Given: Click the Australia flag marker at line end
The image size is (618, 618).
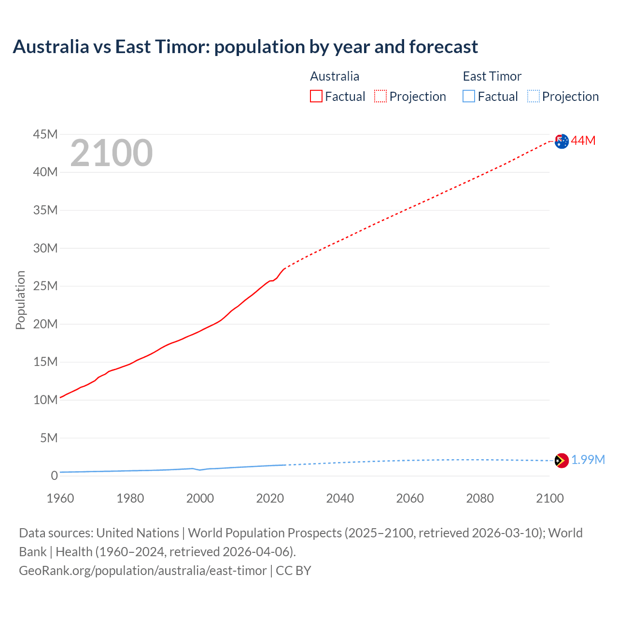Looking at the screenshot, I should point(562,141).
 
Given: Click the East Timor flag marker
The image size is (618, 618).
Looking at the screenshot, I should point(562,461).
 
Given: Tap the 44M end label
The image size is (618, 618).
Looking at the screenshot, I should point(583,140).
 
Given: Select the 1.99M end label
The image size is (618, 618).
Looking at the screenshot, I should point(588,460).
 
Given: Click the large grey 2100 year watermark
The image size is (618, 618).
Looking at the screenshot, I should point(112,153).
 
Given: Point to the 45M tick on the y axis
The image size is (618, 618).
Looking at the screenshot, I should point(45,134).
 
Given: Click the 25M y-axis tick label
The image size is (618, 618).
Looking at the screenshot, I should point(45,286).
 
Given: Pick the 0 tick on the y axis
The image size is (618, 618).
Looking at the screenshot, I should point(54,476).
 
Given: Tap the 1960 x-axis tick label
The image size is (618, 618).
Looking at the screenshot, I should point(60,498).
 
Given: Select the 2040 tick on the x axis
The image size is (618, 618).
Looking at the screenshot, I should point(340,498).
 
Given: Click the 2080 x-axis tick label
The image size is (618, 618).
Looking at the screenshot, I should point(480,498).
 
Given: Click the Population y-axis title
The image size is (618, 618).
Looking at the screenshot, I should point(20,300).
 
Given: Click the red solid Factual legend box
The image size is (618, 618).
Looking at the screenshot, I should point(316,97).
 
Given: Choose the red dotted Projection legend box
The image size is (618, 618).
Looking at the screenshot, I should point(380,97).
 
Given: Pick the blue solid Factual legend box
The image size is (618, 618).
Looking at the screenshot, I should point(469,97).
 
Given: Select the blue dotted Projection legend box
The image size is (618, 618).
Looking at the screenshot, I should point(533,97).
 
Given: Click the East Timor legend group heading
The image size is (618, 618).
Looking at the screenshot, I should point(492,76).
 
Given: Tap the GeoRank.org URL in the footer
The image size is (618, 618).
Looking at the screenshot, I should point(142,571).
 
